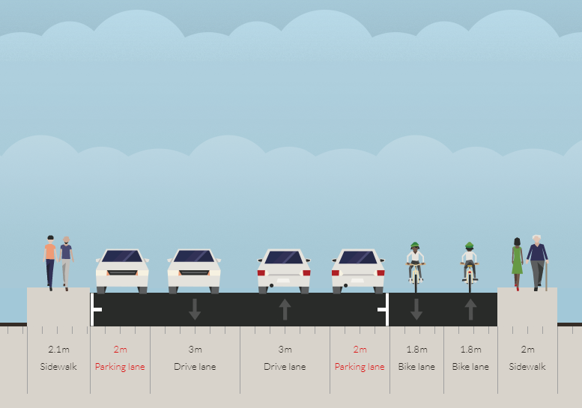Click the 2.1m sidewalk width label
point(58,350)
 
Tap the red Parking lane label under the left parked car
point(120,367)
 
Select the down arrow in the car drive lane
point(195,309)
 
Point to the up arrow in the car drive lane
point(285,309)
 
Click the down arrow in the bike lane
point(416,309)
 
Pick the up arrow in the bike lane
point(470,309)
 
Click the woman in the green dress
point(517,264)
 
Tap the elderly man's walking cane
point(546,276)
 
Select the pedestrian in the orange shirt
point(50,263)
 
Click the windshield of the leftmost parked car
point(122,256)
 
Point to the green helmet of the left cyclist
point(415,245)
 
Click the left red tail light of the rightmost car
point(335,273)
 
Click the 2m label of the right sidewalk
point(527,350)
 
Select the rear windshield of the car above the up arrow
point(284,258)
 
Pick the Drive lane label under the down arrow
point(195,367)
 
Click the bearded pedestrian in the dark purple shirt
point(66,264)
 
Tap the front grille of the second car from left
point(194,272)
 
